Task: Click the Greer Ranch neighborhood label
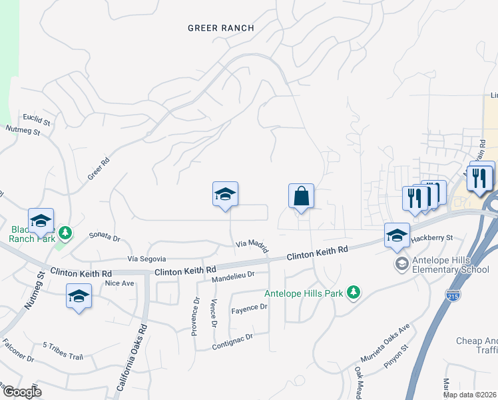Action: (x=221, y=28)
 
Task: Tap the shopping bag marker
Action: (x=301, y=197)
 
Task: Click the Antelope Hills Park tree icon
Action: (x=354, y=292)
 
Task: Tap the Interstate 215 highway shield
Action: (x=453, y=294)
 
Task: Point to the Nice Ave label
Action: (x=120, y=283)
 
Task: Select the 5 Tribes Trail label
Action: (x=63, y=351)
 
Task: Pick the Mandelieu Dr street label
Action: (x=233, y=277)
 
